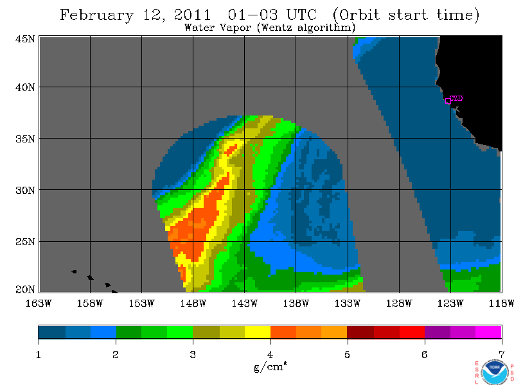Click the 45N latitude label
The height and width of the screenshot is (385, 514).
[x=25, y=39]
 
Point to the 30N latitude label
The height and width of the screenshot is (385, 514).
[x=25, y=190]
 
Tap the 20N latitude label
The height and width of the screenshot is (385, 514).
[x=25, y=289]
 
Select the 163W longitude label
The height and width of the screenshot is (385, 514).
[x=39, y=304]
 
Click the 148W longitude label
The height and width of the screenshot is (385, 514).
[x=193, y=304]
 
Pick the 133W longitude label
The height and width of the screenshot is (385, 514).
[x=348, y=304]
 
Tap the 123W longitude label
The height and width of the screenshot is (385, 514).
[x=450, y=304]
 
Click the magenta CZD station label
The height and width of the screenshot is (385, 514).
[x=456, y=98]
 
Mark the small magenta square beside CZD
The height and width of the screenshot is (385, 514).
[x=448, y=101]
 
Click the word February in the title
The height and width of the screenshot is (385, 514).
[x=97, y=15]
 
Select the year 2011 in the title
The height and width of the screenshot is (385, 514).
[x=192, y=15]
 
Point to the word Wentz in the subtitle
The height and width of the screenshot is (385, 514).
[x=277, y=27]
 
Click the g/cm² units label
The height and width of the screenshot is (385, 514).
[x=270, y=367]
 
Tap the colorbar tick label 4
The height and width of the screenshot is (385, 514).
[x=270, y=355]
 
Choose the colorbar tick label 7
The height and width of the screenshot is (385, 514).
[x=502, y=355]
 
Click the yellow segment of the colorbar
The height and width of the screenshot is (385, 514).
[x=258, y=332]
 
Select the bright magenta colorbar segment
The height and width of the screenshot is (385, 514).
[x=488, y=332]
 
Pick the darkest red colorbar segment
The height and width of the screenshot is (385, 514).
[x=360, y=332]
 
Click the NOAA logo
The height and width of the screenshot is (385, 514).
[x=494, y=372]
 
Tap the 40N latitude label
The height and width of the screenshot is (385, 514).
[x=25, y=88]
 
